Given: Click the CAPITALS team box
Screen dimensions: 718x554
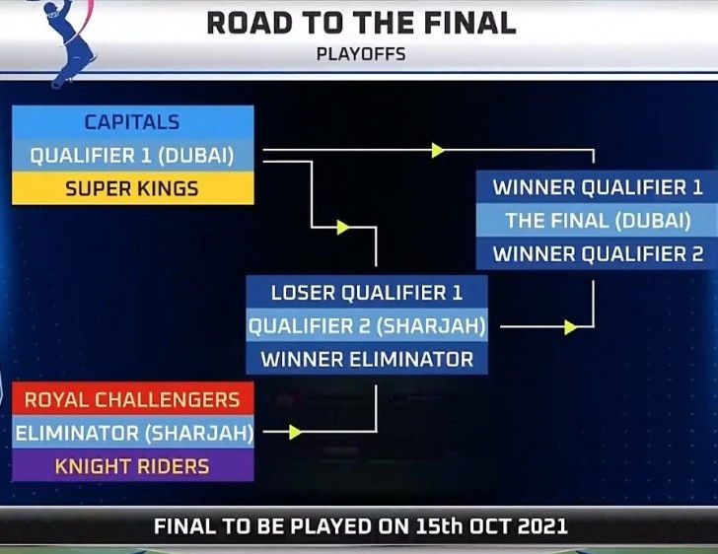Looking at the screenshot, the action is coord(133,122).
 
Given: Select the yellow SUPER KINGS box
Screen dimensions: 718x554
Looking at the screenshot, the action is coord(133,188).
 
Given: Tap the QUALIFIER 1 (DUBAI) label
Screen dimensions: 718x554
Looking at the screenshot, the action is coord(133,156).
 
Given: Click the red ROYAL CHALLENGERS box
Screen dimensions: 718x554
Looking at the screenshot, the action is coord(133,399).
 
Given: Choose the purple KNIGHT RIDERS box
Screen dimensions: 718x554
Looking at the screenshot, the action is coord(133,465).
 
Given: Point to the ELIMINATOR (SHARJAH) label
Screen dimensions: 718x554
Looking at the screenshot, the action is coord(133,432).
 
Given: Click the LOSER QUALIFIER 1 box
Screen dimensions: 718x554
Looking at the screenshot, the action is coord(367,292).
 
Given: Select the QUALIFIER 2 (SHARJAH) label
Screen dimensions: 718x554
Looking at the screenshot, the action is coord(367,325).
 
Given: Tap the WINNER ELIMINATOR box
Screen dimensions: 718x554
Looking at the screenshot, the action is coord(367,359).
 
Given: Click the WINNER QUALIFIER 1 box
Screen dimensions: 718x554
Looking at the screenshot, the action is coord(597,187).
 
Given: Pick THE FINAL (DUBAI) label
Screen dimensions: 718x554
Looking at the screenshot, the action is coord(597,220).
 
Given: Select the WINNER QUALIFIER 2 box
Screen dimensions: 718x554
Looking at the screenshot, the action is coord(597,253).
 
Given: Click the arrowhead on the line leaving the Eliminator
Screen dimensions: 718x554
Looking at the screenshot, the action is coord(295,432).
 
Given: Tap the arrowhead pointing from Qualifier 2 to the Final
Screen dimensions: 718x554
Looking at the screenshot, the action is coord(570,327).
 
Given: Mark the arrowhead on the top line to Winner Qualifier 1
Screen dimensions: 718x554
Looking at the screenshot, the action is coord(438,150).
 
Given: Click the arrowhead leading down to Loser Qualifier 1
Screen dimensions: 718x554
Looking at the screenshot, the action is coord(343,227).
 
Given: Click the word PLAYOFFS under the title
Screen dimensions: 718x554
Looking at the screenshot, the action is coord(361,54).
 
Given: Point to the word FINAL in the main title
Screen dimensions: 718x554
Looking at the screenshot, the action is coord(470,23).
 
